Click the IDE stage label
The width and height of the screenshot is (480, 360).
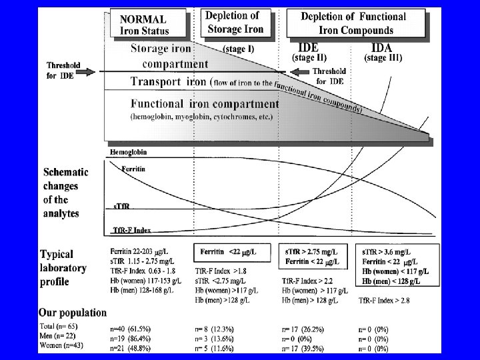pyautogui.click(x=307, y=48)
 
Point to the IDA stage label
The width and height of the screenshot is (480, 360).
pyautogui.click(x=381, y=48)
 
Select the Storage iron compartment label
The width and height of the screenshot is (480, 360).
pyautogui.click(x=169, y=56)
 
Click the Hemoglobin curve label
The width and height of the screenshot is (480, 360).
pyautogui.click(x=128, y=152)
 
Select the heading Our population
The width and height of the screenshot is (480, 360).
pyautogui.click(x=72, y=312)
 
